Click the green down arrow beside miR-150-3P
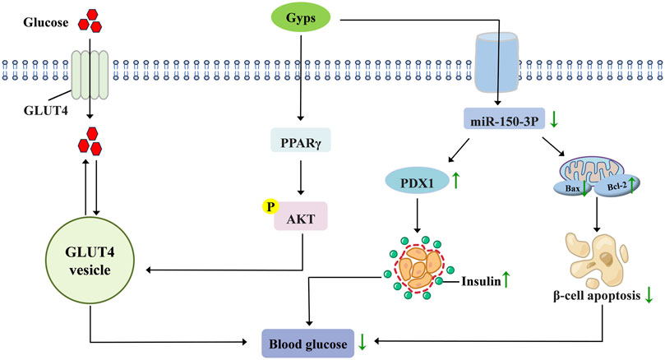pos(555,122)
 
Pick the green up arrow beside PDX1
pos(455,178)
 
